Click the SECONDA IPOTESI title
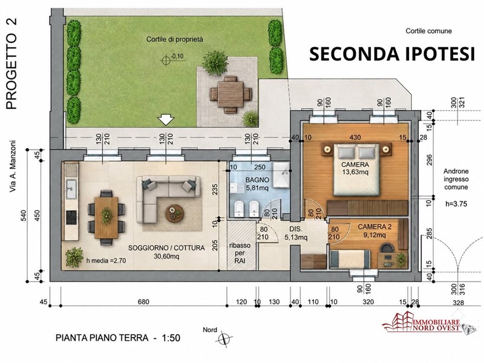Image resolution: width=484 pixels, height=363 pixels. pyautogui.click(x=392, y=54)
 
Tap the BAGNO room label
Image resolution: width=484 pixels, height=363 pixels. pyautogui.click(x=257, y=180)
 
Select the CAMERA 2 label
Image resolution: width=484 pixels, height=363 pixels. pyautogui.click(x=374, y=227)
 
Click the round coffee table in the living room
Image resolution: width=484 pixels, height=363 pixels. pyautogui.click(x=174, y=214)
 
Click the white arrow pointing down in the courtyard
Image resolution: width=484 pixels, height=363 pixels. pyautogui.click(x=166, y=120)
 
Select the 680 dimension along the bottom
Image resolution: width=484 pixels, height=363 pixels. pyautogui.click(x=143, y=301)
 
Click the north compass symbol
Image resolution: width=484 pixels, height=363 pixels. pyautogui.click(x=223, y=339)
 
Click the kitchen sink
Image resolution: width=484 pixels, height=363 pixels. pyautogui.click(x=71, y=189)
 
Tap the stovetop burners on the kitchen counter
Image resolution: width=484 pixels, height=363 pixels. pyautogui.click(x=71, y=217)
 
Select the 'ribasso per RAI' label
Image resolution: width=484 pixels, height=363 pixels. pyautogui.click(x=240, y=253)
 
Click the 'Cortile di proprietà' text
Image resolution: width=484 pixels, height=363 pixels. pyautogui.click(x=175, y=39)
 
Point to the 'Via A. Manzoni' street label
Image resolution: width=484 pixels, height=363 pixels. pyautogui.click(x=12, y=167)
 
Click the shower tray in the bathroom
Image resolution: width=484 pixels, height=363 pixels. pyautogui.click(x=281, y=175)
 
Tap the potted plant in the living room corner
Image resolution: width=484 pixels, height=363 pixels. pyautogui.click(x=74, y=256)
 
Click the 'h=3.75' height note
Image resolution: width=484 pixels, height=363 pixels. pyautogui.click(x=456, y=204)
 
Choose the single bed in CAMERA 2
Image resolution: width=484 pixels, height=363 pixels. pyautogui.click(x=350, y=259)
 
